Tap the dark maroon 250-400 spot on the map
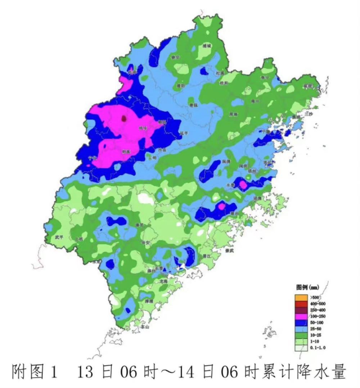click(x=124, y=118)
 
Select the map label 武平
click(x=59, y=237)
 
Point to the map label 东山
click(x=145, y=327)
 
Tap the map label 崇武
click(x=229, y=251)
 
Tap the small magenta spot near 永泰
click(x=243, y=184)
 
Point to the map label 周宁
click(x=255, y=102)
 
